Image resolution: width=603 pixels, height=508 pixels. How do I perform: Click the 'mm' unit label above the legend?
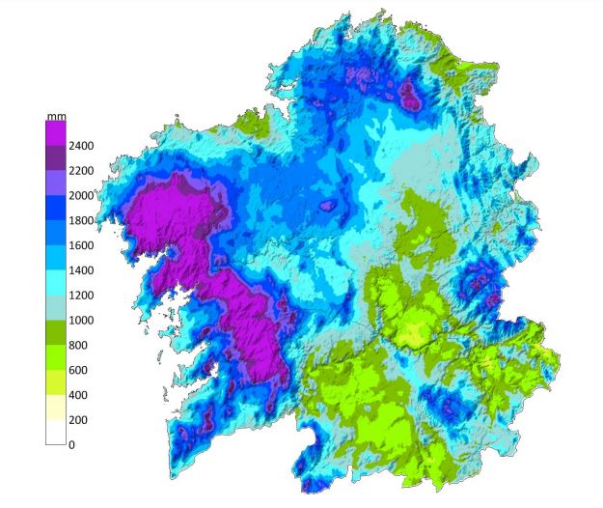pyautogui.click(x=54, y=116)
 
